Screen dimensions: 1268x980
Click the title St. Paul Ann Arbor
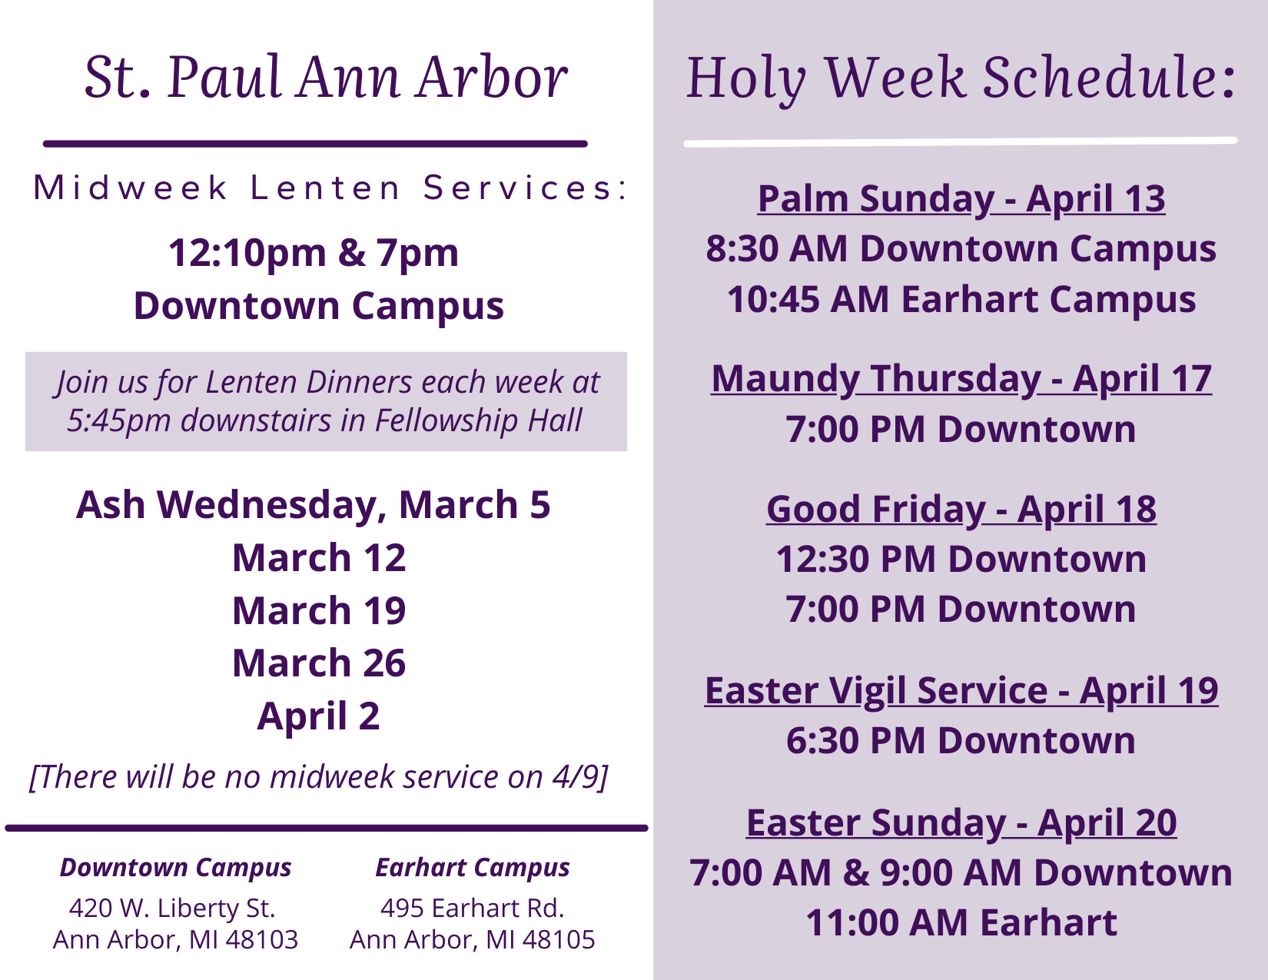326,77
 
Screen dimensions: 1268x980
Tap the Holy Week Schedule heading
961,79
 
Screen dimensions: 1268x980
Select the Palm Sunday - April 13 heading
961,199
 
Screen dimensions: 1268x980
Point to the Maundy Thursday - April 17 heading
961,380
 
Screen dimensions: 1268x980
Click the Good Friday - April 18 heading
961,509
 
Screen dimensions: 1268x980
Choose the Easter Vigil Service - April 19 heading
961,690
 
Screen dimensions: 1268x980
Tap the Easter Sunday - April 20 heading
961,823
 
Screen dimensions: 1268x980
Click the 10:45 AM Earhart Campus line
961,300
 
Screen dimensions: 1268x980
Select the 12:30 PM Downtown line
961,559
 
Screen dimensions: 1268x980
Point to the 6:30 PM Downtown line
961,741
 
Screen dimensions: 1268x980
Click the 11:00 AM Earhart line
961,923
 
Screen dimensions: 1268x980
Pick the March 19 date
319,610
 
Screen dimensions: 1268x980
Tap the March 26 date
319,663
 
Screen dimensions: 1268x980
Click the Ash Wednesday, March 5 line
314,506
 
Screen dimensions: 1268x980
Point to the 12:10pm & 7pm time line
314,254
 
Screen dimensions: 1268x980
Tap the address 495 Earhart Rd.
472,909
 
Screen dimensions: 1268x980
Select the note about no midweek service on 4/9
319,777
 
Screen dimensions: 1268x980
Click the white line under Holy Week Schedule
961,142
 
